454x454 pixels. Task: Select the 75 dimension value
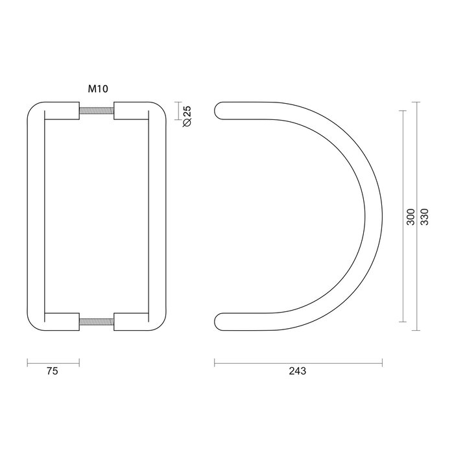tap(53, 372)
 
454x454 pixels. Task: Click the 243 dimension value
tap(298, 372)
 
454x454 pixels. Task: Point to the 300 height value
tap(410, 217)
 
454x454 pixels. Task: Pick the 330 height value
tap(425, 217)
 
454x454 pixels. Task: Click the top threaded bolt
tap(97, 111)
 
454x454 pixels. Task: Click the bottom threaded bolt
tap(97, 322)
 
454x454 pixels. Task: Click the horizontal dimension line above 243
tap(298, 362)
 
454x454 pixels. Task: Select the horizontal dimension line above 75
tap(53, 362)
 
